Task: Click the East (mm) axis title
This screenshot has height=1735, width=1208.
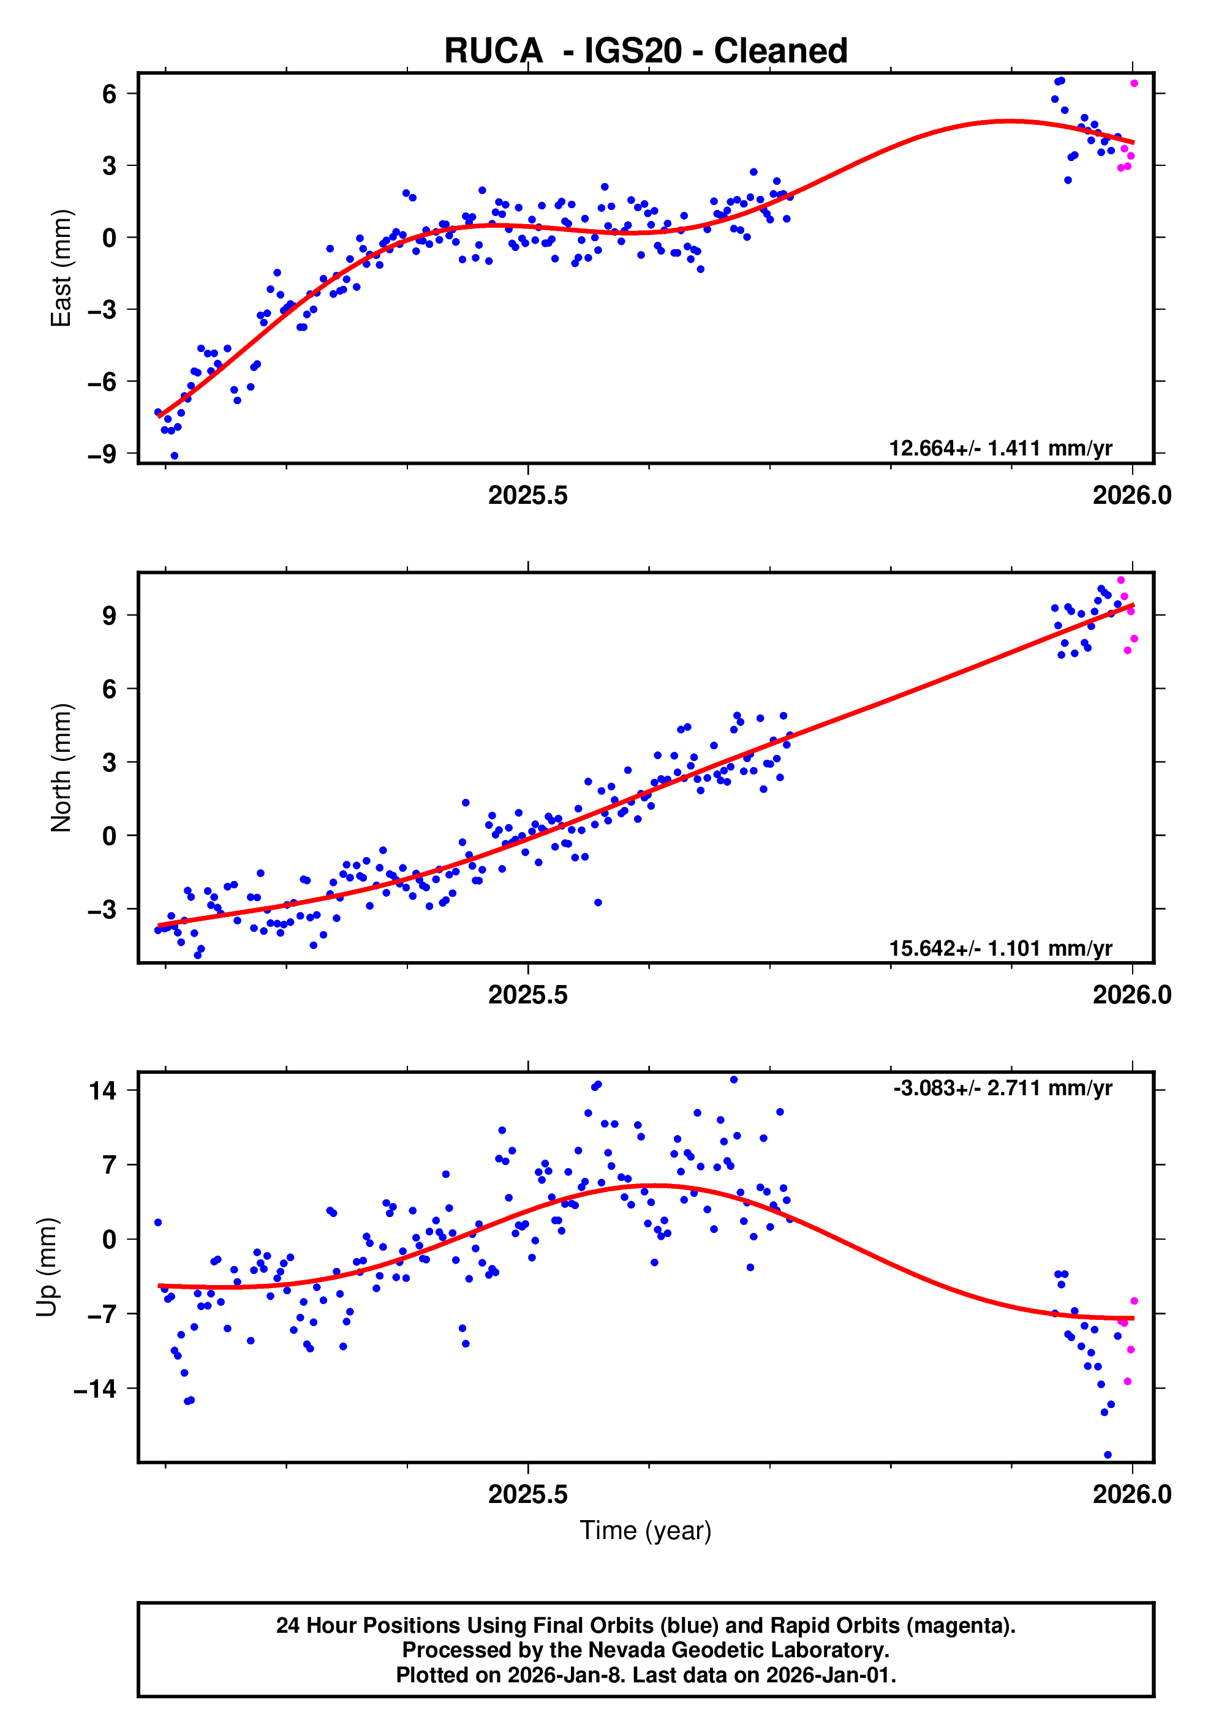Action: click(61, 268)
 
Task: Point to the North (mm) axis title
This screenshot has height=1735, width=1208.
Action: click(61, 768)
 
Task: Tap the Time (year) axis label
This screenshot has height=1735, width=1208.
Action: click(645, 1530)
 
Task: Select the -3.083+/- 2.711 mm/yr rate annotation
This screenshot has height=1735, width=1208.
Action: click(1002, 1088)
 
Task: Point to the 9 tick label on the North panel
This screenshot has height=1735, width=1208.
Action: click(110, 615)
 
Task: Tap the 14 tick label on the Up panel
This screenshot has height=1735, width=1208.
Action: click(103, 1090)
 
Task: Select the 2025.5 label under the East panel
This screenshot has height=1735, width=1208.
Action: click(527, 496)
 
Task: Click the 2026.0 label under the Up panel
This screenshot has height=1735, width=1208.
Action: click(1131, 1494)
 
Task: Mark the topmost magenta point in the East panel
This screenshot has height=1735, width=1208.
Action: click(1133, 83)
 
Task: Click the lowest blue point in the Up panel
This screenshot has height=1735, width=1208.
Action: click(1107, 1455)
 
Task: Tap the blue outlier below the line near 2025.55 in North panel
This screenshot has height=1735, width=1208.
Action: click(597, 902)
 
